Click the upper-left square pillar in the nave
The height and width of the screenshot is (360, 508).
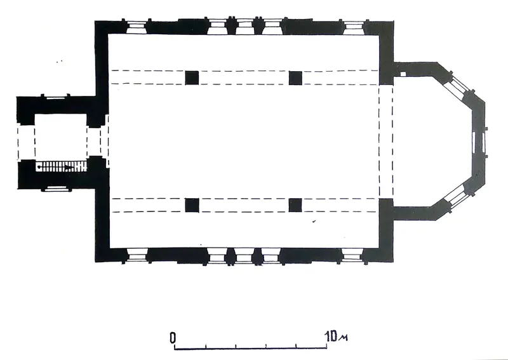(x=192, y=77)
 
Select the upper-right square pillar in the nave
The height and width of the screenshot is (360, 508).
(x=295, y=77)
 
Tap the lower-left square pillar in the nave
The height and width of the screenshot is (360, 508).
(x=192, y=206)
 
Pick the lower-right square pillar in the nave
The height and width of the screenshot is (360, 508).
(x=295, y=206)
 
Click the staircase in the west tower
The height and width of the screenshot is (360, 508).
(x=61, y=167)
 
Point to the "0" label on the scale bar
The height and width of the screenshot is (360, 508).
(x=173, y=338)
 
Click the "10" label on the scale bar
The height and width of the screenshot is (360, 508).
(x=331, y=337)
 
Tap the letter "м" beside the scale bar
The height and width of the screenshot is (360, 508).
(x=343, y=338)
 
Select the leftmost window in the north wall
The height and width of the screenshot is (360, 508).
(x=136, y=27)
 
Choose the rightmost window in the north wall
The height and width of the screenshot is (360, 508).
(x=354, y=27)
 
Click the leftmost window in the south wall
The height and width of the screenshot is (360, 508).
(x=137, y=255)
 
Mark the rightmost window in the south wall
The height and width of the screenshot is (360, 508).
(x=352, y=255)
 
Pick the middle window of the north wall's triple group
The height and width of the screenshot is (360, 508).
(x=245, y=27)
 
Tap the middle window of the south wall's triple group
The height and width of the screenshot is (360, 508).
(x=244, y=256)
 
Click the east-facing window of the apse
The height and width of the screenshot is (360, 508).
(x=479, y=142)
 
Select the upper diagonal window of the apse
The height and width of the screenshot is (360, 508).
(x=457, y=84)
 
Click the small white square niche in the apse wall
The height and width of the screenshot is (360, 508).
(x=403, y=74)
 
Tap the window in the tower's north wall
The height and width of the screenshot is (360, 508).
(x=55, y=98)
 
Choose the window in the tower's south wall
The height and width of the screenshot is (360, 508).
(x=57, y=189)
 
